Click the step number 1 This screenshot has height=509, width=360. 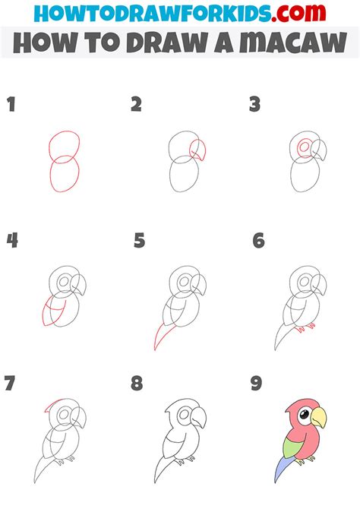tap(11, 104)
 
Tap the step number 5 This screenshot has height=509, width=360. tap(139, 241)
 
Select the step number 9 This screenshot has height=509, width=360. tap(257, 383)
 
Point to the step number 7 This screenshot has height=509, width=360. tap(10, 383)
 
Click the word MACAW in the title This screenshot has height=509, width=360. tap(293, 43)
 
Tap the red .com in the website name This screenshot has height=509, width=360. tap(298, 14)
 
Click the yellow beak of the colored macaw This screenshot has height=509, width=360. tap(319, 417)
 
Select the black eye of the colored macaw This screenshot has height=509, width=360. tap(304, 414)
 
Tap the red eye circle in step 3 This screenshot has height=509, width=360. tap(305, 147)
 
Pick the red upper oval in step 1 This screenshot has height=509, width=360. tap(65, 147)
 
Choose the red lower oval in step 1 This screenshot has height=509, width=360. tap(65, 174)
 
